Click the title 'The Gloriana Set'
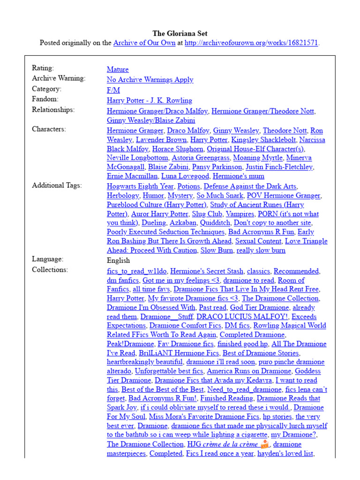point(180,33)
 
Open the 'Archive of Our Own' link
point(144,43)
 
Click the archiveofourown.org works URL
point(252,43)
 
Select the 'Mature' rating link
point(118,69)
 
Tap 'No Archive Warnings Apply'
point(150,80)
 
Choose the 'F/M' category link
point(113,90)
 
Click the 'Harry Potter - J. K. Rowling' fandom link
point(150,100)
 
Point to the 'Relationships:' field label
point(53,110)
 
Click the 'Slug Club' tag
point(208,214)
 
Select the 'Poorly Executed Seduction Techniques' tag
point(165,232)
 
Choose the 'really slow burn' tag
point(261,250)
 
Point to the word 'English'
point(119,261)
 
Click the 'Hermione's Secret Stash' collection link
point(207,271)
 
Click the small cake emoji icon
point(265,444)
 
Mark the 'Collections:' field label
point(50,270)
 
